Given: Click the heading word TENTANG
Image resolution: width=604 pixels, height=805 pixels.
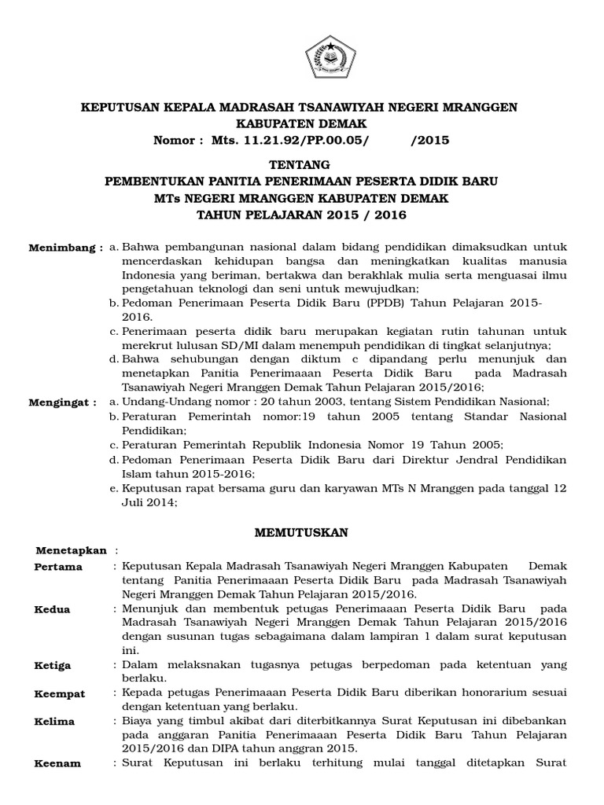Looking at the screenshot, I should (x=301, y=165).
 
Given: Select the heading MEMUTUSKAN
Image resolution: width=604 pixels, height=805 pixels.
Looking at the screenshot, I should (x=301, y=532).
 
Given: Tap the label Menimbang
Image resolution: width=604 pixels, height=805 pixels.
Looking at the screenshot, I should (x=64, y=248).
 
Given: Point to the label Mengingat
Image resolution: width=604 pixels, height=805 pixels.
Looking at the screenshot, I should (x=63, y=401).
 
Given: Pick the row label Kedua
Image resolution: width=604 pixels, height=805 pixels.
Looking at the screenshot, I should (x=53, y=609).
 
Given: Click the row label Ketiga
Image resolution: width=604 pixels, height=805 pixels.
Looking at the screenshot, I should (x=53, y=665).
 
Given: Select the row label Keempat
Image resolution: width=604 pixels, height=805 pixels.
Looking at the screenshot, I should (x=60, y=694).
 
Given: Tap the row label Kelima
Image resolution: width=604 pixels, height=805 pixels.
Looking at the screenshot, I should (x=55, y=721).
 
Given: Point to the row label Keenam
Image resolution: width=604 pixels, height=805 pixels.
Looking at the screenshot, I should (x=57, y=763).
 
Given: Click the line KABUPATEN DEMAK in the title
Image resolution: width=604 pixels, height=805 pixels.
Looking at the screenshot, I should (x=301, y=123).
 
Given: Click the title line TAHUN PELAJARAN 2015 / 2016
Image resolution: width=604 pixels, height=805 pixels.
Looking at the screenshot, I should (x=301, y=215).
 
